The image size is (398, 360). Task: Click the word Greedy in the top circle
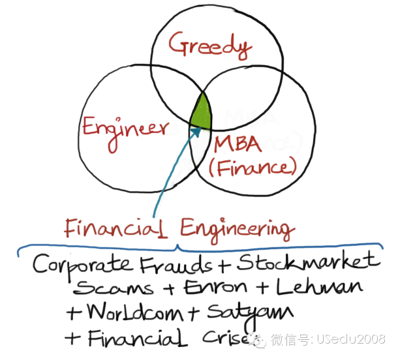[x=209, y=46]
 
